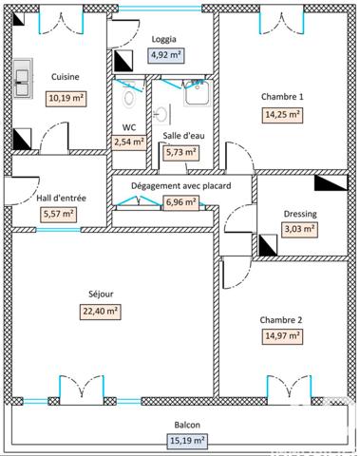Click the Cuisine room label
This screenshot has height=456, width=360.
(65, 77)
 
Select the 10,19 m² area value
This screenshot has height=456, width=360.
(66, 98)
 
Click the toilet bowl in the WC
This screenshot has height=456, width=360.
(129, 96)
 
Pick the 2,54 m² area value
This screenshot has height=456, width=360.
(129, 142)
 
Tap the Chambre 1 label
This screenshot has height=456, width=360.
(282, 97)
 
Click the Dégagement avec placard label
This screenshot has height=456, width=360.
(182, 186)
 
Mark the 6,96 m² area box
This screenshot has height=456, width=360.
(181, 201)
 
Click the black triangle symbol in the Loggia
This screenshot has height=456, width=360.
(123, 63)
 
